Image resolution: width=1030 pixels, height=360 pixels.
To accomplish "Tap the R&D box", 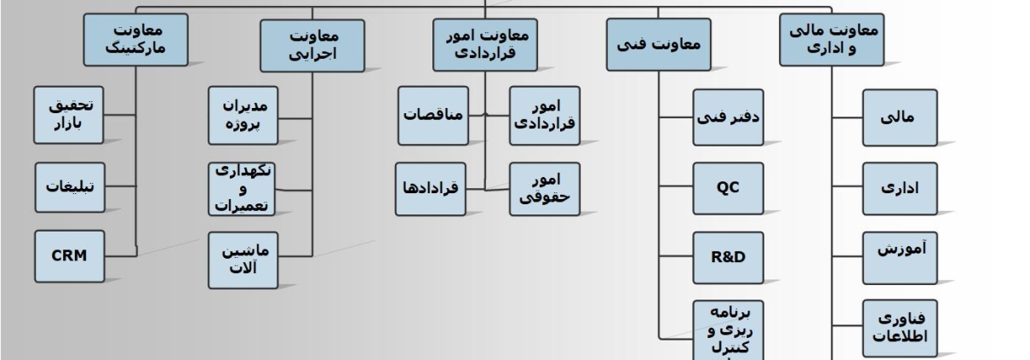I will click(x=727, y=256).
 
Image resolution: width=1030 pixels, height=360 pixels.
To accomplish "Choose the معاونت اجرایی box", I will click(x=312, y=45).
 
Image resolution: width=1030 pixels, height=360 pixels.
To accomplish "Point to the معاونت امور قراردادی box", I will click(x=486, y=44).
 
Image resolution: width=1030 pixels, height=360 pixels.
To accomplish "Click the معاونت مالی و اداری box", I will click(x=831, y=41).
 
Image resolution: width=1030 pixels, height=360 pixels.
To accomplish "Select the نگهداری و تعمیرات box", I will click(x=243, y=188).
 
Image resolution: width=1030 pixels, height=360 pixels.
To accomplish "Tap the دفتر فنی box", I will click(x=727, y=117).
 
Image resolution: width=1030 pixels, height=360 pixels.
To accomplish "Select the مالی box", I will click(x=900, y=117).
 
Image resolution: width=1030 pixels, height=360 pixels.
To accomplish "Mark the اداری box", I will click(x=900, y=188).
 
